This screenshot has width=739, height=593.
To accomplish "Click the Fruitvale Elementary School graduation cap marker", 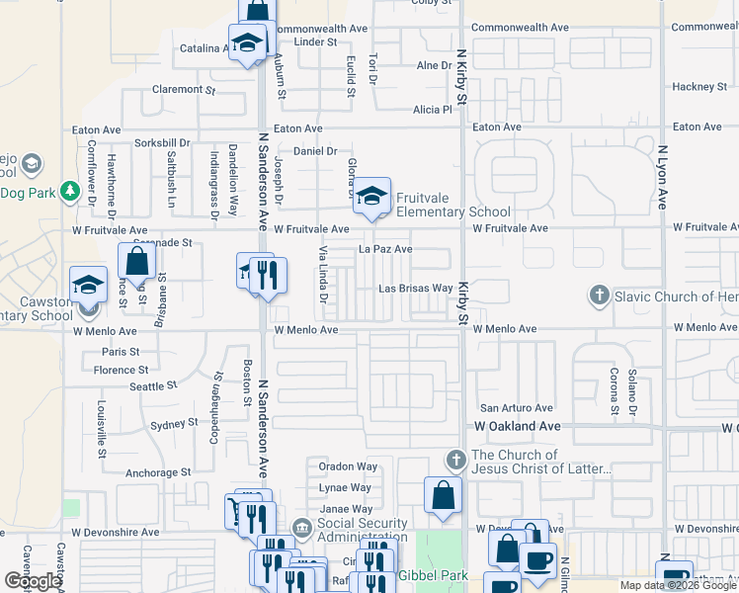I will coord(372,196).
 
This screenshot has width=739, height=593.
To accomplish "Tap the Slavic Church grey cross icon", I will coord(598,296).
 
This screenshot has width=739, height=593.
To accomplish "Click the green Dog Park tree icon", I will coord(69,190).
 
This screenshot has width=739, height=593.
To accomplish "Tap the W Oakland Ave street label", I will coord(518,426).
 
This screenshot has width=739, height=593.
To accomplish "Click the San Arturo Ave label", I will coord(516,407).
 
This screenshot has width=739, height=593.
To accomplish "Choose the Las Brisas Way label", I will coord(417,289).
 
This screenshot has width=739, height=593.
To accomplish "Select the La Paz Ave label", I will coord(385,249).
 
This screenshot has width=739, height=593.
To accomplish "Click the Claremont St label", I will coord(183,89).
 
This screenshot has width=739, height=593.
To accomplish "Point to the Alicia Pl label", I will coord(433,109).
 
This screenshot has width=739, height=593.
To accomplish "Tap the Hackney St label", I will coord(699,87).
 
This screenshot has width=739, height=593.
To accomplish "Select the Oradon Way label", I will coord(348,466).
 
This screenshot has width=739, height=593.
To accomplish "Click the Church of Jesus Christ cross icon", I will coord(455,461).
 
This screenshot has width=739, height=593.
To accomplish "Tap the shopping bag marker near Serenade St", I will coord(137,261).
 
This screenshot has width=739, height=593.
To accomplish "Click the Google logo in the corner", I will coord(33,581).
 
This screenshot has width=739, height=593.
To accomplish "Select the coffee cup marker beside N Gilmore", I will coord(537,560).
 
